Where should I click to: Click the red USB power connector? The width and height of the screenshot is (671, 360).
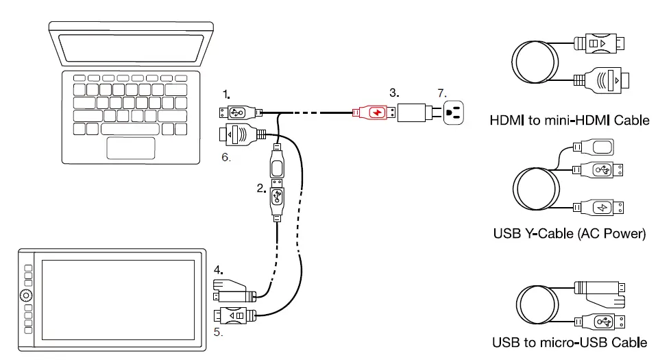(x=373, y=112)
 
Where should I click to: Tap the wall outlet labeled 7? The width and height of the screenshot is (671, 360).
(x=452, y=112)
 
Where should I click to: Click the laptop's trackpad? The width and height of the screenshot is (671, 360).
(x=131, y=147)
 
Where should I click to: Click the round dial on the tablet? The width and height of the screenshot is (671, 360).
(x=26, y=296)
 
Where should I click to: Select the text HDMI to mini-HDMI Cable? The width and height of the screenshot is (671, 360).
(x=569, y=121)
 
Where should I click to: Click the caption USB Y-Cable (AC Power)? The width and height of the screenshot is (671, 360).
(x=569, y=234)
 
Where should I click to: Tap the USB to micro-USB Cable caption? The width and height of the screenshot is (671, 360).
(x=569, y=342)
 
